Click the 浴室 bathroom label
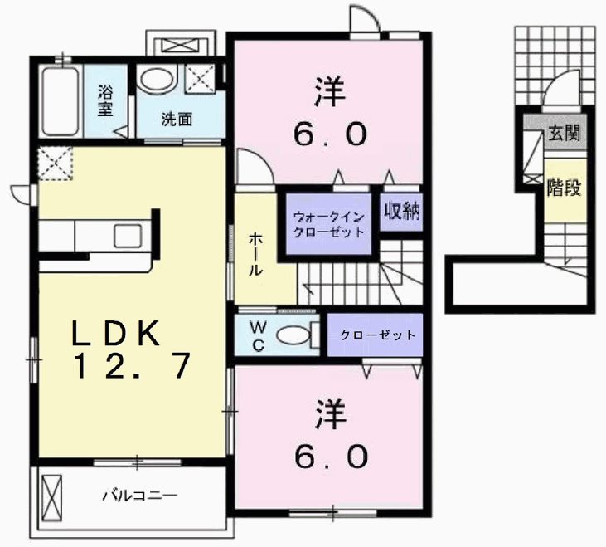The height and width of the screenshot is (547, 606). point(105,100)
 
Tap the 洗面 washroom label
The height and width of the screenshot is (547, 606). point(177,120)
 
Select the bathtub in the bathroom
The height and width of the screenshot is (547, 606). point(61,102)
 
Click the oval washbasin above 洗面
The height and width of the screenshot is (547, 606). point(157,80)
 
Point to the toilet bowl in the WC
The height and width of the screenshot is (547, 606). point(293,335)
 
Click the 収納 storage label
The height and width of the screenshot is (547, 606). point(401,211)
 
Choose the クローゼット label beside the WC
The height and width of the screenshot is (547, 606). point(377,335)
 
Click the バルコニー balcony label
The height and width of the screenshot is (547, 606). point(139,496)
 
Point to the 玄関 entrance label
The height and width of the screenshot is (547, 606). point(565,134)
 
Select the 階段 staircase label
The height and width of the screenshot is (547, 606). point(564,188)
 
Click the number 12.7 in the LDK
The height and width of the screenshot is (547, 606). point(132,365)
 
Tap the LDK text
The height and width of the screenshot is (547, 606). point(116,333)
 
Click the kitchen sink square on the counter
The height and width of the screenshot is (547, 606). point(128,235)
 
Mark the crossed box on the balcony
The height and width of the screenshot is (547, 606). point(51,499)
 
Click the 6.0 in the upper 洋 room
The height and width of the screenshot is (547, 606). point(330,134)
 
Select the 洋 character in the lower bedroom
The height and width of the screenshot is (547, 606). point(330,415)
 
